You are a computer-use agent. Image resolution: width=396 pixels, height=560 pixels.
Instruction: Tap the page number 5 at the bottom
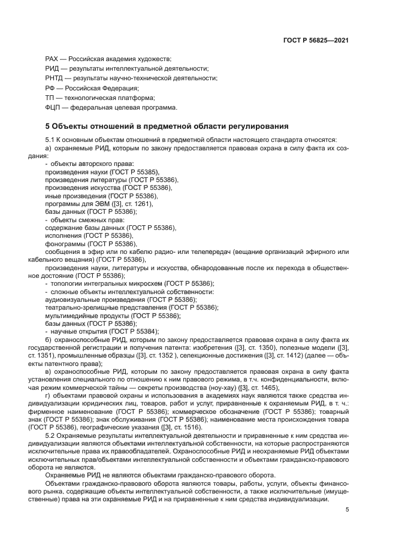347,510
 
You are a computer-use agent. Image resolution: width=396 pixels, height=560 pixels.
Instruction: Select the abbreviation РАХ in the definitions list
53,59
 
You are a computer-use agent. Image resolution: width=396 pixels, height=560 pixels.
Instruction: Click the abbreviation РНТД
55,78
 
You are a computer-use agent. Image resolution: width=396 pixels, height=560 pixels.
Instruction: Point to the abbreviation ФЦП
54,107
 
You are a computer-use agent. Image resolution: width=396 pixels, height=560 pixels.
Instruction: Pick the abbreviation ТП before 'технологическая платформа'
50,98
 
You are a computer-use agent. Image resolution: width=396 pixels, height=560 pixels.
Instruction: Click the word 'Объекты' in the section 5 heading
71,126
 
